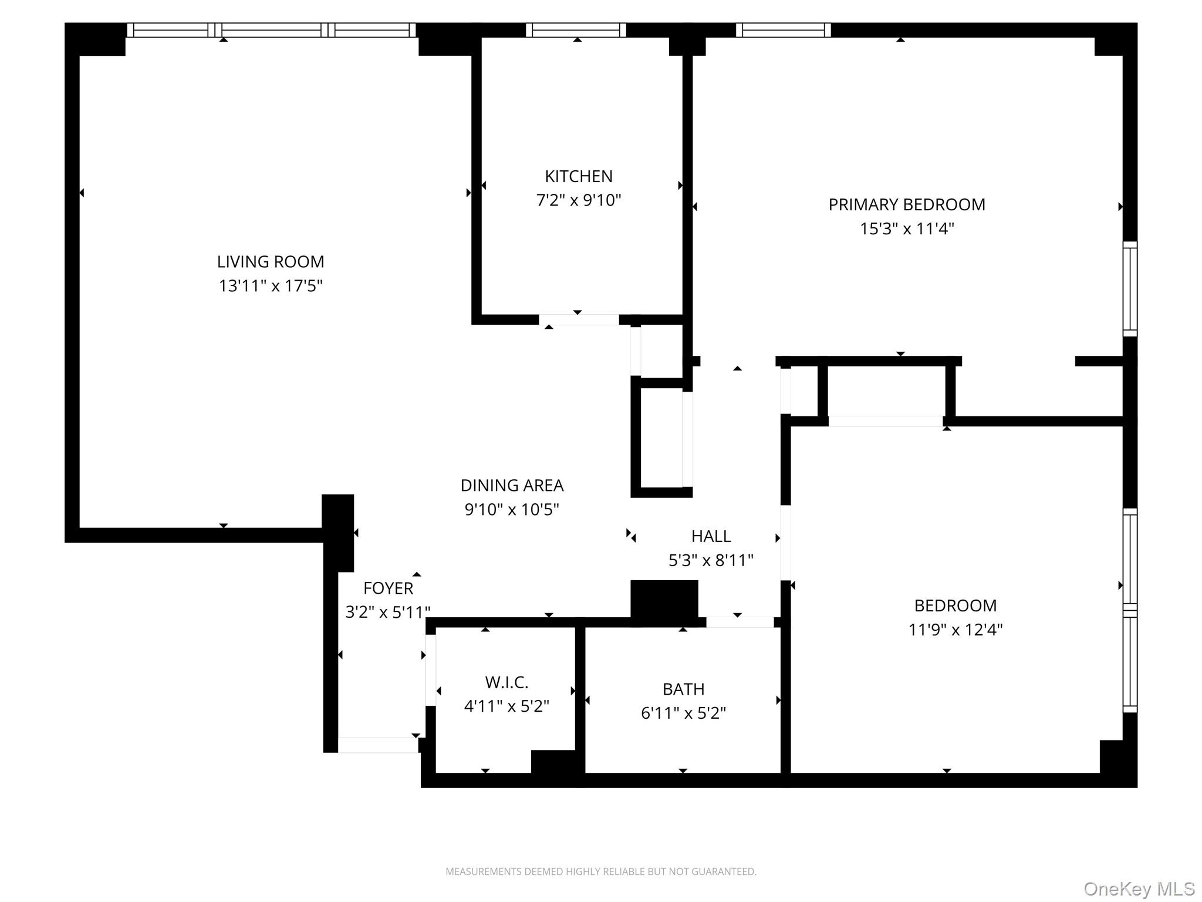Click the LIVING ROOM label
(271, 261)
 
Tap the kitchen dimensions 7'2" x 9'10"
(578, 200)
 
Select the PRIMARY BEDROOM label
(906, 204)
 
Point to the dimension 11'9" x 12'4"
(955, 630)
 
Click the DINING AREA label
(512, 485)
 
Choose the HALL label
(711, 536)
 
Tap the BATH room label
(683, 689)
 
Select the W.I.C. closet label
(507, 682)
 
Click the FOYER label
(388, 588)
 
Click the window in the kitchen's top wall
(576, 30)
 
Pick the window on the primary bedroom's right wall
(1130, 289)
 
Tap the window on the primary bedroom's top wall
(783, 30)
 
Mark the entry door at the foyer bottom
(378, 745)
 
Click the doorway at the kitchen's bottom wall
(579, 319)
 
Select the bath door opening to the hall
(740, 622)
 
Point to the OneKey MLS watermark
(1139, 889)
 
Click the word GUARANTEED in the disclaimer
(726, 871)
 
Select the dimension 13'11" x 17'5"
(271, 286)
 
